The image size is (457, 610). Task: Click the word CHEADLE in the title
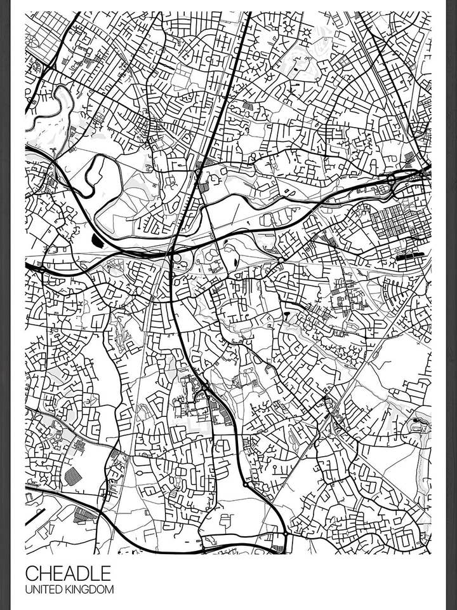pyautogui.click(x=68, y=573)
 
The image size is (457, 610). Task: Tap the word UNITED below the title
pyautogui.click(x=45, y=590)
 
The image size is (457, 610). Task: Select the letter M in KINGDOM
pyautogui.click(x=110, y=590)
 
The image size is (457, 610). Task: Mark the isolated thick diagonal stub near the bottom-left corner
pyautogui.click(x=36, y=517)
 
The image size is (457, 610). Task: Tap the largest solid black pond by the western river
pyautogui.click(x=97, y=240)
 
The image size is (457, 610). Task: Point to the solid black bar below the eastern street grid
pyautogui.click(x=409, y=257)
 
